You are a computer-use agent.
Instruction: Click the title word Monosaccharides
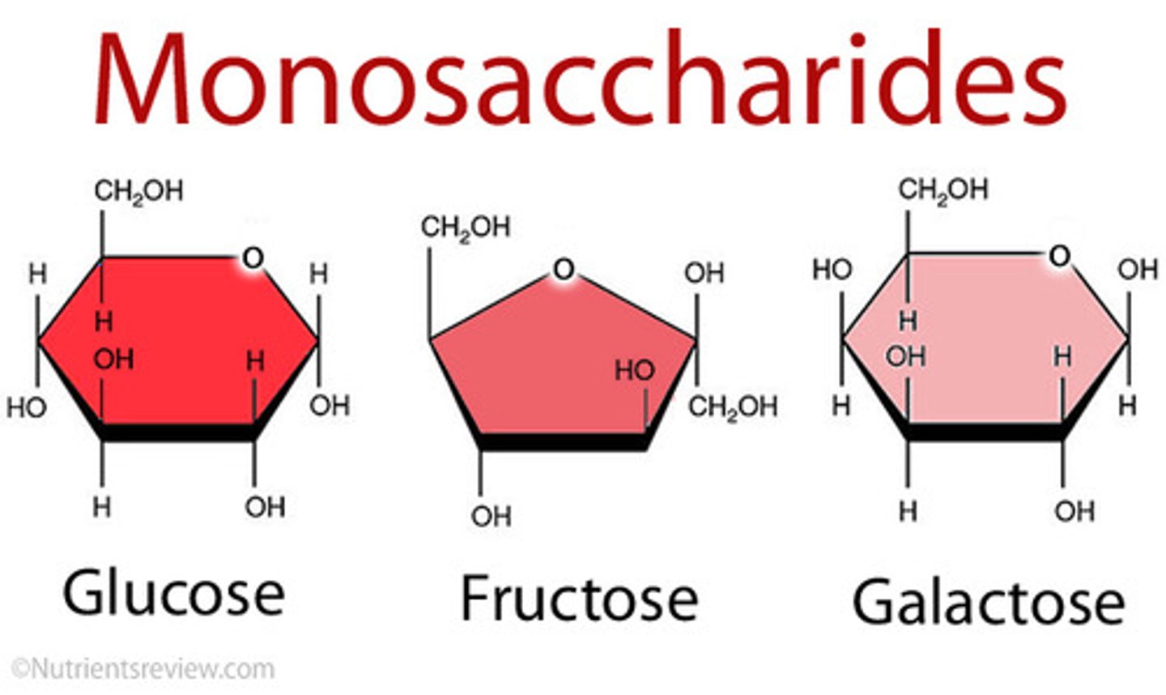click(580, 79)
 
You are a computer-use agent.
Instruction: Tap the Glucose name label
click(173, 594)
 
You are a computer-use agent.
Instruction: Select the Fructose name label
click(579, 599)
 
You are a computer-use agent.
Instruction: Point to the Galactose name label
click(988, 602)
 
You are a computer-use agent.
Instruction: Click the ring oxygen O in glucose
click(253, 258)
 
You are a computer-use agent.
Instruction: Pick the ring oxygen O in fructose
click(564, 268)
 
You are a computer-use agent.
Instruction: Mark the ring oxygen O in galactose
click(1059, 256)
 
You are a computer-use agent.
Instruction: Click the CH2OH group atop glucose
click(138, 191)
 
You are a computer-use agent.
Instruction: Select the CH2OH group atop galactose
click(943, 190)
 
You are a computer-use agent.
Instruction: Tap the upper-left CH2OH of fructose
click(465, 228)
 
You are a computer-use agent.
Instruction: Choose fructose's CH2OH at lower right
click(733, 407)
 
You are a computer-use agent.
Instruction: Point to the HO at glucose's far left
click(26, 407)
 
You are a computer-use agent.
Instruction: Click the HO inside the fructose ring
click(635, 370)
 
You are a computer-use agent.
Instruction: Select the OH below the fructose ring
click(491, 515)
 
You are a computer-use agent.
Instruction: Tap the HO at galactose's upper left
click(832, 270)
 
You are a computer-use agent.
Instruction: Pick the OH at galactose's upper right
click(1138, 270)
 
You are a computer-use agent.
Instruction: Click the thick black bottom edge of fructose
click(563, 442)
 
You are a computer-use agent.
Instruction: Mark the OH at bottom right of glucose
click(265, 507)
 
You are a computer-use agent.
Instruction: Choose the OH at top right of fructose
click(704, 274)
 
